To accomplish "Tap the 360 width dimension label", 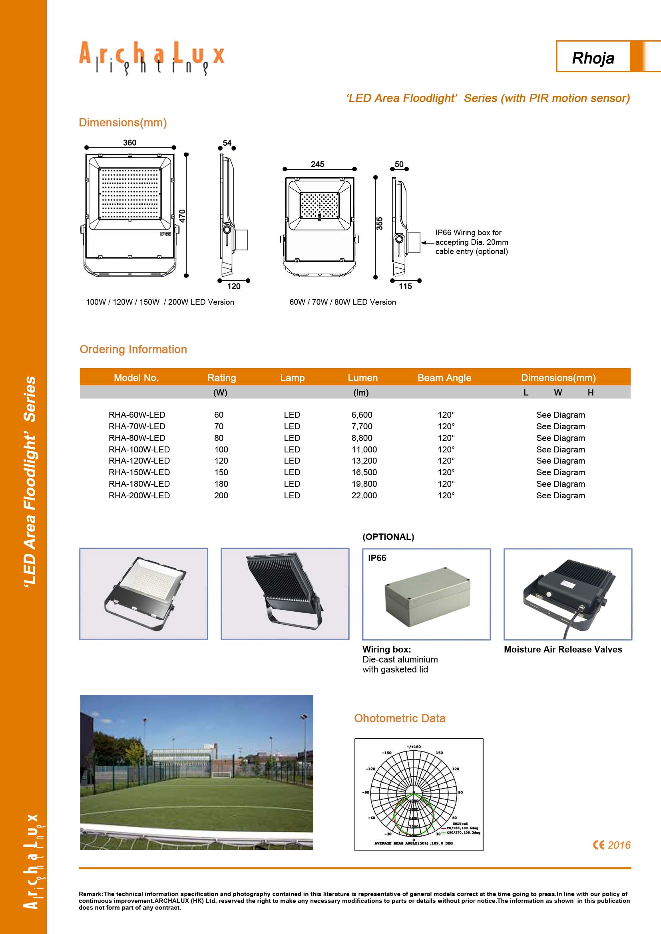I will click(x=129, y=143).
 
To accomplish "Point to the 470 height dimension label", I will click(x=182, y=216).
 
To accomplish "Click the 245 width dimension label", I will click(x=317, y=164).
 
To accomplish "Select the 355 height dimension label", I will click(x=379, y=224).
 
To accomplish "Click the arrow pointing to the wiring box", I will click(x=427, y=242).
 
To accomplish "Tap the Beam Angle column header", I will click(x=444, y=377).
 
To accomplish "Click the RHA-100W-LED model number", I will click(x=139, y=449).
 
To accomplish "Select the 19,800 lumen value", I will click(x=364, y=484).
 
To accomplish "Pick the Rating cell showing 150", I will click(x=221, y=472).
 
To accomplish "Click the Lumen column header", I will click(x=362, y=377).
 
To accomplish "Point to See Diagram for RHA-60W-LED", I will click(x=560, y=415).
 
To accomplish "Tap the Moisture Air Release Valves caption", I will click(x=563, y=649).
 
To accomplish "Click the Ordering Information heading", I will click(x=133, y=349).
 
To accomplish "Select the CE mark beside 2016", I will click(x=598, y=845).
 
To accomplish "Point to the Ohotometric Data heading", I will click(x=399, y=718).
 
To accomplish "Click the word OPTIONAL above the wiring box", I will click(x=388, y=537).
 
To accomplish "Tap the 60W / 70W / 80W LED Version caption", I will click(x=342, y=302).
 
